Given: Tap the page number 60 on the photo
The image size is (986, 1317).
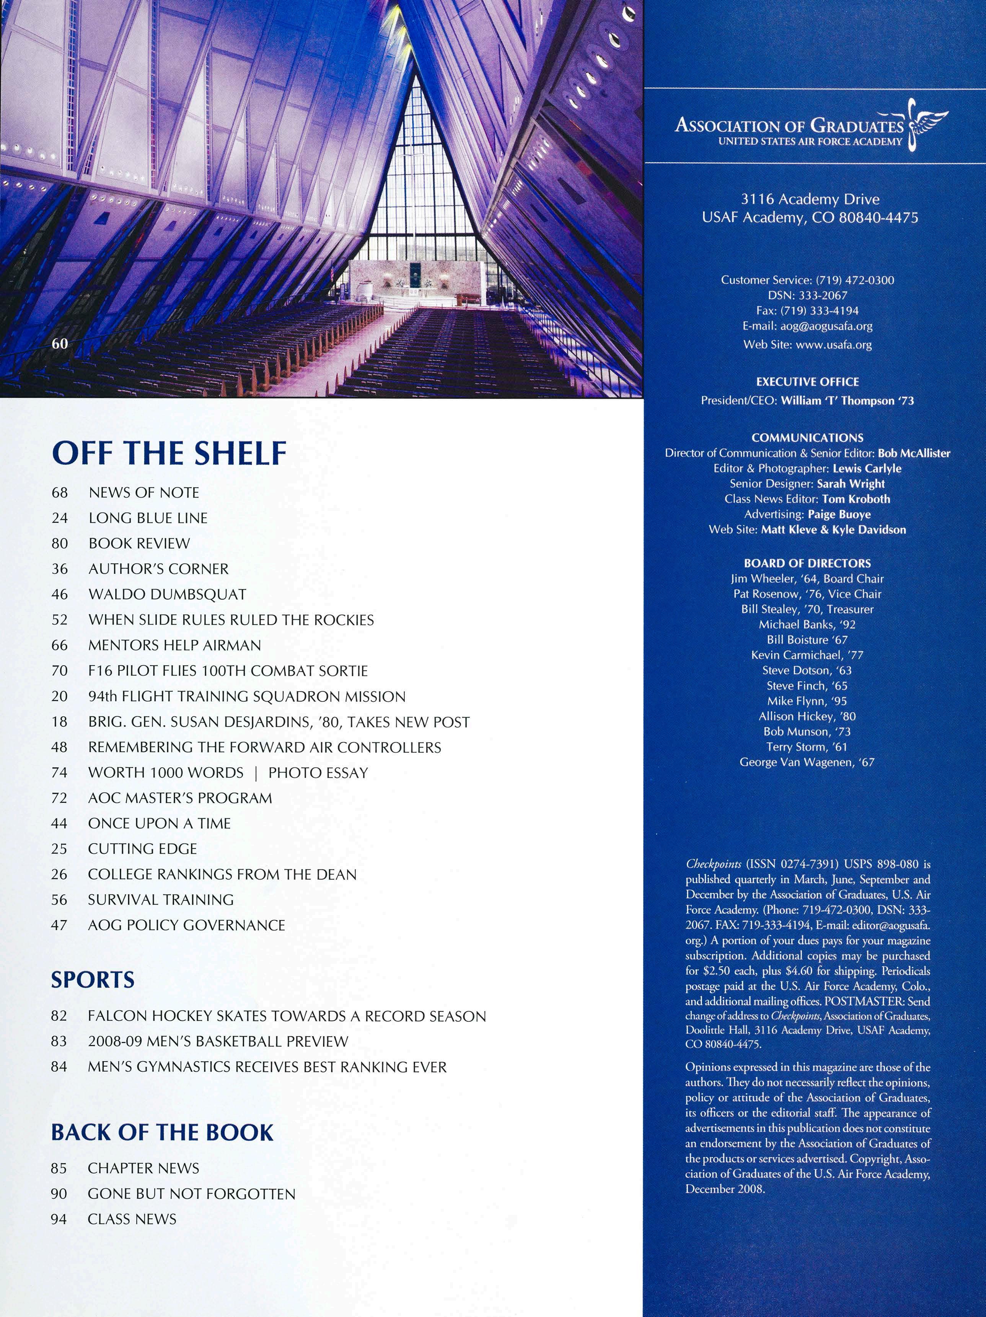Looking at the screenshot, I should pos(60,343).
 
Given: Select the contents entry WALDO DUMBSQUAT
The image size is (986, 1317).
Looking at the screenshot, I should pos(167,594).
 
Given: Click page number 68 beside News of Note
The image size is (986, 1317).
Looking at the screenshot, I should pos(60,492).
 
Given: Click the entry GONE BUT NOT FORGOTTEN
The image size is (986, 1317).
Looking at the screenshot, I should pos(191,1194).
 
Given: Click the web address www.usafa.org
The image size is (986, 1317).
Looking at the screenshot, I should pos(834,345).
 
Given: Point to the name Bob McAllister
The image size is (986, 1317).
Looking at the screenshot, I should pos(914,453).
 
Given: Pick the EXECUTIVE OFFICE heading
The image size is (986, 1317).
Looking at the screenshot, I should pos(807,382).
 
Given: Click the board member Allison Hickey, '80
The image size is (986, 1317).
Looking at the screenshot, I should pos(807,716).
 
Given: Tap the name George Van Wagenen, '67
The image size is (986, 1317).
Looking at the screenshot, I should pos(807,762).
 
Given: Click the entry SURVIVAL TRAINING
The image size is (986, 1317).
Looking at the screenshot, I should pos(161,900).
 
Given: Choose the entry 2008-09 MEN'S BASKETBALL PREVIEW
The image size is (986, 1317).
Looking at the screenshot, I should pos(218,1041).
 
